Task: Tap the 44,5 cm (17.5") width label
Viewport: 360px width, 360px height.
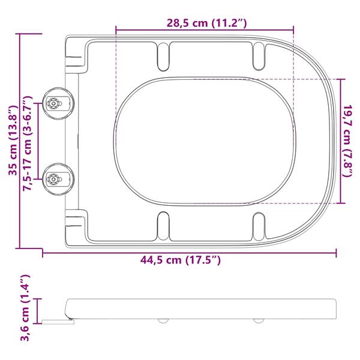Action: [180, 260]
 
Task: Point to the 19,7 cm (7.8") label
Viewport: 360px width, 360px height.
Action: [348, 141]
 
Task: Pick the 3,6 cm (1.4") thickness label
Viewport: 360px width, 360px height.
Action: [25, 307]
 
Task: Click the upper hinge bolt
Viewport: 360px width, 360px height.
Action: [55, 104]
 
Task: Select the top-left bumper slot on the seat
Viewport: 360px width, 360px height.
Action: [163, 55]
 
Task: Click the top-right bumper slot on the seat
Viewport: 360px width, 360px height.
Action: [259, 55]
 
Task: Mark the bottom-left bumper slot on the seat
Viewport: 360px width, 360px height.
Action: [163, 225]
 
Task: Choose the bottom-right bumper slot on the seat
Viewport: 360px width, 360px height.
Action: [259, 225]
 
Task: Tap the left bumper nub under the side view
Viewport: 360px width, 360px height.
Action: [162, 320]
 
